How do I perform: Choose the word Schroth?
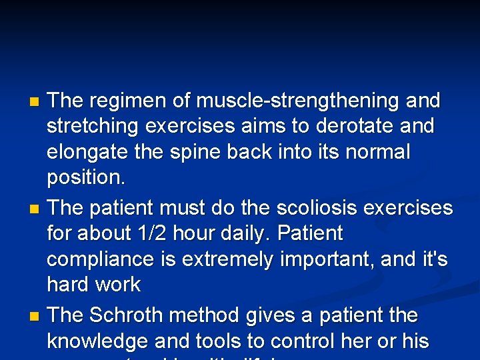click(x=131, y=315)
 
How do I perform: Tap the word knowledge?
click(x=97, y=341)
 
